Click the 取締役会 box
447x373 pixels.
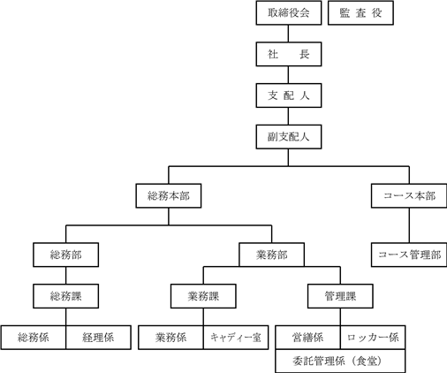(289, 13)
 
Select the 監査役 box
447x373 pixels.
(360, 13)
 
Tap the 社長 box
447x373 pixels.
(289, 54)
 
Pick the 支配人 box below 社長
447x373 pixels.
(289, 95)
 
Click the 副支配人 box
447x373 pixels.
(289, 137)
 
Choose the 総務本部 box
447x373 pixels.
(169, 196)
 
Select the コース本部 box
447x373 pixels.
(409, 196)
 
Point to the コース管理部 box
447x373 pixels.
(409, 255)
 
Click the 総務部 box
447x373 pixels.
(66, 255)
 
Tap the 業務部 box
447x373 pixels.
(271, 255)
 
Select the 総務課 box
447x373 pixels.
(66, 296)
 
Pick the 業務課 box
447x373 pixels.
(203, 296)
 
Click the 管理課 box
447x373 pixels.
(340, 296)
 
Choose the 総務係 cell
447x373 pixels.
(34, 338)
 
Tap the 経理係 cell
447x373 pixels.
(98, 338)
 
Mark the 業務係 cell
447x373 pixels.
(170, 338)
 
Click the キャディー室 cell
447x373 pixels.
(236, 338)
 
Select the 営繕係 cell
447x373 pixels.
(308, 338)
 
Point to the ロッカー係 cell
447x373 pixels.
(373, 338)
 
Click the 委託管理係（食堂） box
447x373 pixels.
(340, 361)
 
